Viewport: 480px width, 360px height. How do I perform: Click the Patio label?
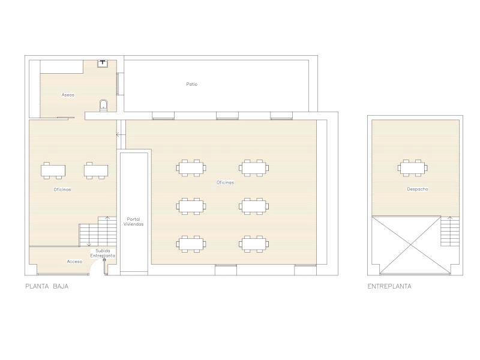click(191, 84)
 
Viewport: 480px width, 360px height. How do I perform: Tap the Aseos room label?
click(68, 95)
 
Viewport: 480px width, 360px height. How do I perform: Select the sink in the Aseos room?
click(103, 64)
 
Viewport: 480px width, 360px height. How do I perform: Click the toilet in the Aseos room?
click(104, 105)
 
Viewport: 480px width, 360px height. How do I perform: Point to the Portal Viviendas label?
click(133, 221)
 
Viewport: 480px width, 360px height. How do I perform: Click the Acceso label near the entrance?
click(74, 262)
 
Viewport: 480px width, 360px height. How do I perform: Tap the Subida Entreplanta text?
click(103, 253)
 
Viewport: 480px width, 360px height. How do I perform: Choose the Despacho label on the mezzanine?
click(417, 189)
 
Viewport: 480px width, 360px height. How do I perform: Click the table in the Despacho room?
click(413, 168)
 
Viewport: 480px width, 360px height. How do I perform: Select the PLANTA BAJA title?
click(47, 287)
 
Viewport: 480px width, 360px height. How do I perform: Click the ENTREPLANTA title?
click(389, 287)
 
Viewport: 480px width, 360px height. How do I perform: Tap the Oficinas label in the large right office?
click(226, 182)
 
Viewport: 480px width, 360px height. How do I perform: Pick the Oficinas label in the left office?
click(62, 190)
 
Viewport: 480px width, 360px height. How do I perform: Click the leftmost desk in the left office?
click(53, 170)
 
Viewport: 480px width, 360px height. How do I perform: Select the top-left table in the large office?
click(191, 168)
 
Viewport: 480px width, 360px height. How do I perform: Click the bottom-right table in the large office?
click(254, 244)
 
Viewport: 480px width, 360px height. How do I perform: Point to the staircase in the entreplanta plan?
click(450, 232)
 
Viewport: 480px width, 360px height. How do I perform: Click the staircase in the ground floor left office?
click(98, 232)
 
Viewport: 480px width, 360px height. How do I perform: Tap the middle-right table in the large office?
click(254, 206)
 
